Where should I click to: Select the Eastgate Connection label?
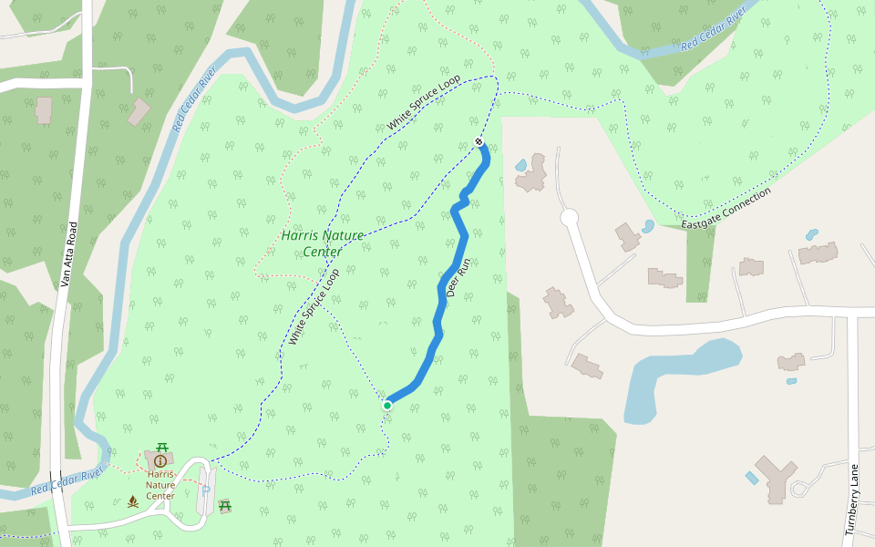pos(726,209)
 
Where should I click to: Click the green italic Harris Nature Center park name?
pos(323,243)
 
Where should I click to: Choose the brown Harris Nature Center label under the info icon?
pos(160,484)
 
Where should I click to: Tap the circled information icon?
pos(160,462)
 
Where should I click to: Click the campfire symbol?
pos(133,501)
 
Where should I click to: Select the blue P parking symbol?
pos(206,490)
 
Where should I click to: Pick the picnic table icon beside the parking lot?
pos(224,505)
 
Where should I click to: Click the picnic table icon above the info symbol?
pos(161,448)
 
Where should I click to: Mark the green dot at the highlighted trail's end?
pos(387,405)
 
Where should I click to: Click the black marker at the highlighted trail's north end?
pos(479,142)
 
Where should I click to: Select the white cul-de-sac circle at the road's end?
pos(570,218)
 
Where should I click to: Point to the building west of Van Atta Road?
pos(44,110)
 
